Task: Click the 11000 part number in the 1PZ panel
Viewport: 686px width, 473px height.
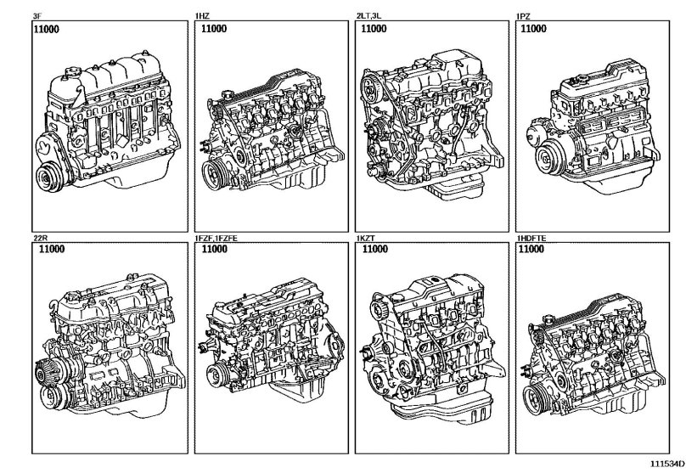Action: click(533, 29)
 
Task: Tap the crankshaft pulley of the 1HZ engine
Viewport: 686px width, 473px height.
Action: click(211, 177)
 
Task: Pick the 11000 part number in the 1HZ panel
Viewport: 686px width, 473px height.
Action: click(215, 29)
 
